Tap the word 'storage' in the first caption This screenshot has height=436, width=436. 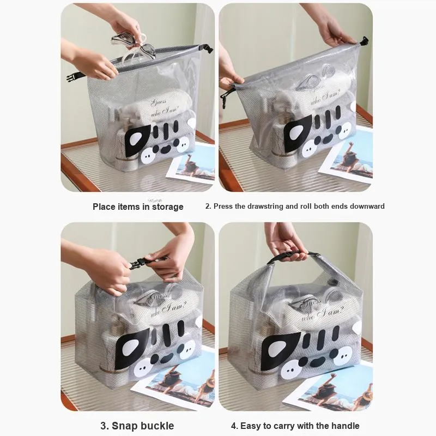[168, 207]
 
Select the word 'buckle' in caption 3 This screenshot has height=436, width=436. [157, 426]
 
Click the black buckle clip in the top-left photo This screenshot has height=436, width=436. [74, 76]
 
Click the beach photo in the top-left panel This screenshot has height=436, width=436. [191, 165]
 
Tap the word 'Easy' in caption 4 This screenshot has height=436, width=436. [250, 426]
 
